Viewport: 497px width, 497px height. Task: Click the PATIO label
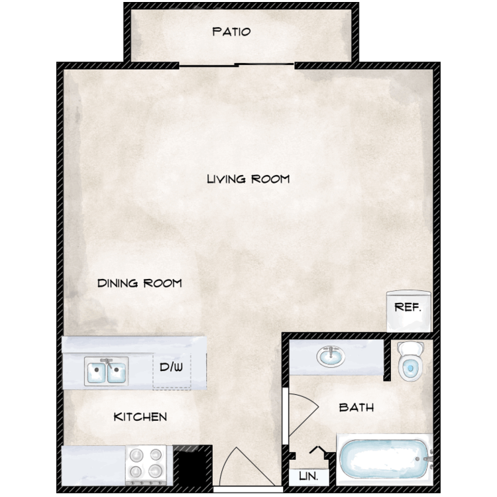tap(231, 32)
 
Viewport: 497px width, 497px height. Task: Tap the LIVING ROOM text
tap(248, 179)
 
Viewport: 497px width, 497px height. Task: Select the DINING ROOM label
tap(139, 283)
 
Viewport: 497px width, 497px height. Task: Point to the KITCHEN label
tap(140, 417)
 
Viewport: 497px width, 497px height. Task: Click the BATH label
tap(357, 408)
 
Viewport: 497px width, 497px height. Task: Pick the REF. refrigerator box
tap(409, 311)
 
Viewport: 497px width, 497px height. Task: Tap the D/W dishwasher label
tap(171, 367)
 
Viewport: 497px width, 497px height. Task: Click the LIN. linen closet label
tap(308, 476)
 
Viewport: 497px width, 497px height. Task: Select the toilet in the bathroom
tap(410, 360)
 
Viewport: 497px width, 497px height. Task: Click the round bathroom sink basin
tap(331, 357)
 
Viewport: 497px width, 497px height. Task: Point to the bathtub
tap(384, 459)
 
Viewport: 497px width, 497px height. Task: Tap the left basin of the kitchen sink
tap(96, 372)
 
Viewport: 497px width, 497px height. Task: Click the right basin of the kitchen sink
tap(117, 372)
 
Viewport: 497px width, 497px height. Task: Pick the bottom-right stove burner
tap(155, 471)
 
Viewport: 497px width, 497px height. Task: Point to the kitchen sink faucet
tap(107, 363)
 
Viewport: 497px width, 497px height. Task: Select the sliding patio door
tap(237, 65)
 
